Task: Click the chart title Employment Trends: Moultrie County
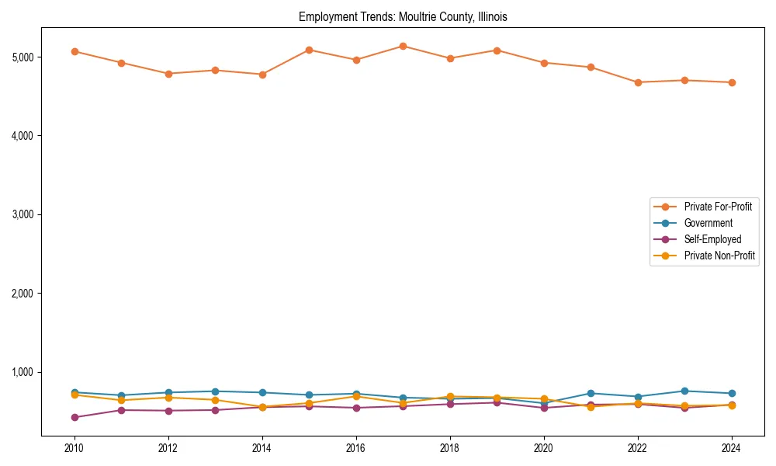(403, 16)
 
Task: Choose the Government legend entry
(708, 223)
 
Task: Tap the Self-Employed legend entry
(712, 239)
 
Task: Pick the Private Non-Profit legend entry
(719, 256)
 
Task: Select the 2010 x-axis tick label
(74, 448)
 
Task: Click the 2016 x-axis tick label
(355, 448)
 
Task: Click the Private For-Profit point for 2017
(403, 46)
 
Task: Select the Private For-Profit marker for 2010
(74, 51)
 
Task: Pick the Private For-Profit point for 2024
(731, 82)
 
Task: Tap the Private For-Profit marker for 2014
(262, 75)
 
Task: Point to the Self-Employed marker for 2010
(74, 417)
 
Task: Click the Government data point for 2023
(684, 391)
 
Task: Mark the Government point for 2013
(215, 391)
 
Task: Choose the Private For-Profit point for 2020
(543, 63)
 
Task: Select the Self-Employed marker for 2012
(168, 411)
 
